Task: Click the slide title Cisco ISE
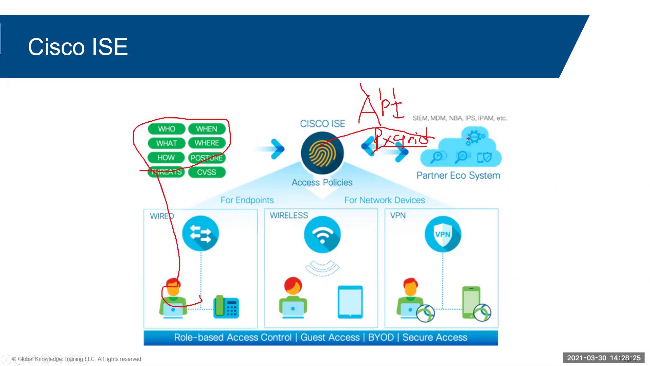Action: click(78, 47)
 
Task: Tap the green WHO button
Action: click(166, 129)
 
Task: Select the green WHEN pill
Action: click(207, 129)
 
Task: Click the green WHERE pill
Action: click(207, 143)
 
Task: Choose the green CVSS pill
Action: click(207, 172)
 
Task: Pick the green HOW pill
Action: click(166, 158)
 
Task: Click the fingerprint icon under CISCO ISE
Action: click(322, 153)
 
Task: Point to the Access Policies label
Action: click(322, 183)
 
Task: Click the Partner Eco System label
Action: click(458, 176)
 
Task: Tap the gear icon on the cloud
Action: click(475, 136)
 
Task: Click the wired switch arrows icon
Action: click(200, 234)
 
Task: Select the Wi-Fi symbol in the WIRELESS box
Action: click(322, 235)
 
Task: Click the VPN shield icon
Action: click(442, 234)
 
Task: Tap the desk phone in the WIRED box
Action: click(226, 307)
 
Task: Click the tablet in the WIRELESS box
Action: click(350, 302)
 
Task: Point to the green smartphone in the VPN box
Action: click(471, 302)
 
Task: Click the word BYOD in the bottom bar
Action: click(381, 338)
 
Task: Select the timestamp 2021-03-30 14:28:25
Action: click(604, 358)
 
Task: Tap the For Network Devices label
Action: click(385, 200)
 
